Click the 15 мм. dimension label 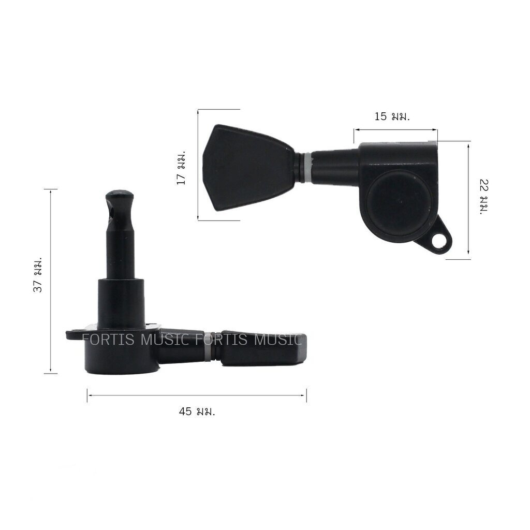[x=392, y=116]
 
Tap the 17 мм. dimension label [x=181, y=168]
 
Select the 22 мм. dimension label [x=484, y=197]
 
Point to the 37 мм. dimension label [x=37, y=275]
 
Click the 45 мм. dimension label [x=197, y=411]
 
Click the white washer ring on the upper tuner [x=307, y=168]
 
